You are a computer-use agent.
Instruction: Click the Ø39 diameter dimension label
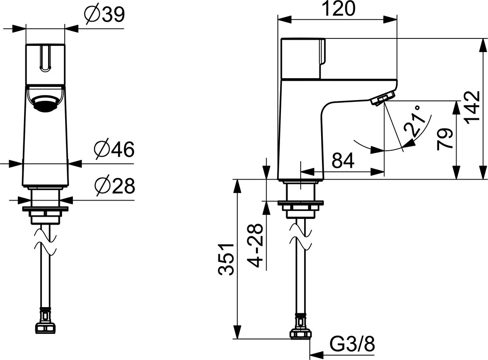(105, 15)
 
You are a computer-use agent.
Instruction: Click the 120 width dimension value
(338, 9)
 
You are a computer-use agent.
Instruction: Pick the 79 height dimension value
(444, 140)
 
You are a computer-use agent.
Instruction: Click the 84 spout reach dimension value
(343, 160)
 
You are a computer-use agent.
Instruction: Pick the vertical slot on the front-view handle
(45, 58)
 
